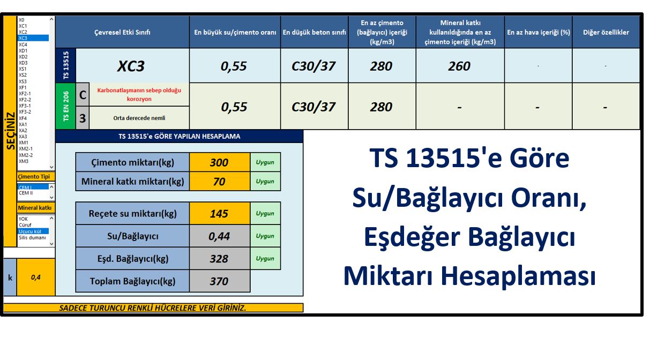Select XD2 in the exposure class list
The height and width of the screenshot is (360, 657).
(x=23, y=57)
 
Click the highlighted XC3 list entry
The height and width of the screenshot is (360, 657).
(x=33, y=38)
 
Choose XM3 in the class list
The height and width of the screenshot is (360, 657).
(x=24, y=161)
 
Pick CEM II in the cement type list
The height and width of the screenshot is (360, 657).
(x=26, y=193)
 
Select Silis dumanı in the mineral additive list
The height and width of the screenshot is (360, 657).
(x=32, y=237)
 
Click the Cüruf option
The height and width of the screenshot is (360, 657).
(x=25, y=225)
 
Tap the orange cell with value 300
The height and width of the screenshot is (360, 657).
(x=220, y=162)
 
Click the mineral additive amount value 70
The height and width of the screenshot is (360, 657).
(x=220, y=182)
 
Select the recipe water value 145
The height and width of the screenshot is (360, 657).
(x=220, y=213)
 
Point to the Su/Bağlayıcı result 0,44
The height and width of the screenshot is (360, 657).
(x=220, y=236)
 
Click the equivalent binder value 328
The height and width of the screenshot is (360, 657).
(x=220, y=259)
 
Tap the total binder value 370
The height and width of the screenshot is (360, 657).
(x=220, y=281)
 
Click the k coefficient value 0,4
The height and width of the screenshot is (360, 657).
(x=36, y=277)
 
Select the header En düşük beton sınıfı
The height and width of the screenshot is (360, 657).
(x=314, y=32)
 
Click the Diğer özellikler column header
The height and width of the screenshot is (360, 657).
(x=606, y=32)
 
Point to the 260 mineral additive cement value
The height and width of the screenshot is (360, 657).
(x=460, y=66)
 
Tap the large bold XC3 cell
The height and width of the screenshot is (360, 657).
(x=131, y=66)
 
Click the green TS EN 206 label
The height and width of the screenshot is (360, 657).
(x=66, y=106)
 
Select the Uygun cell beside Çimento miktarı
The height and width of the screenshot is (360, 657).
(x=265, y=162)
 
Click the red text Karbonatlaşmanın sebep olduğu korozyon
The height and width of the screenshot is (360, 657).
(x=139, y=94)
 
